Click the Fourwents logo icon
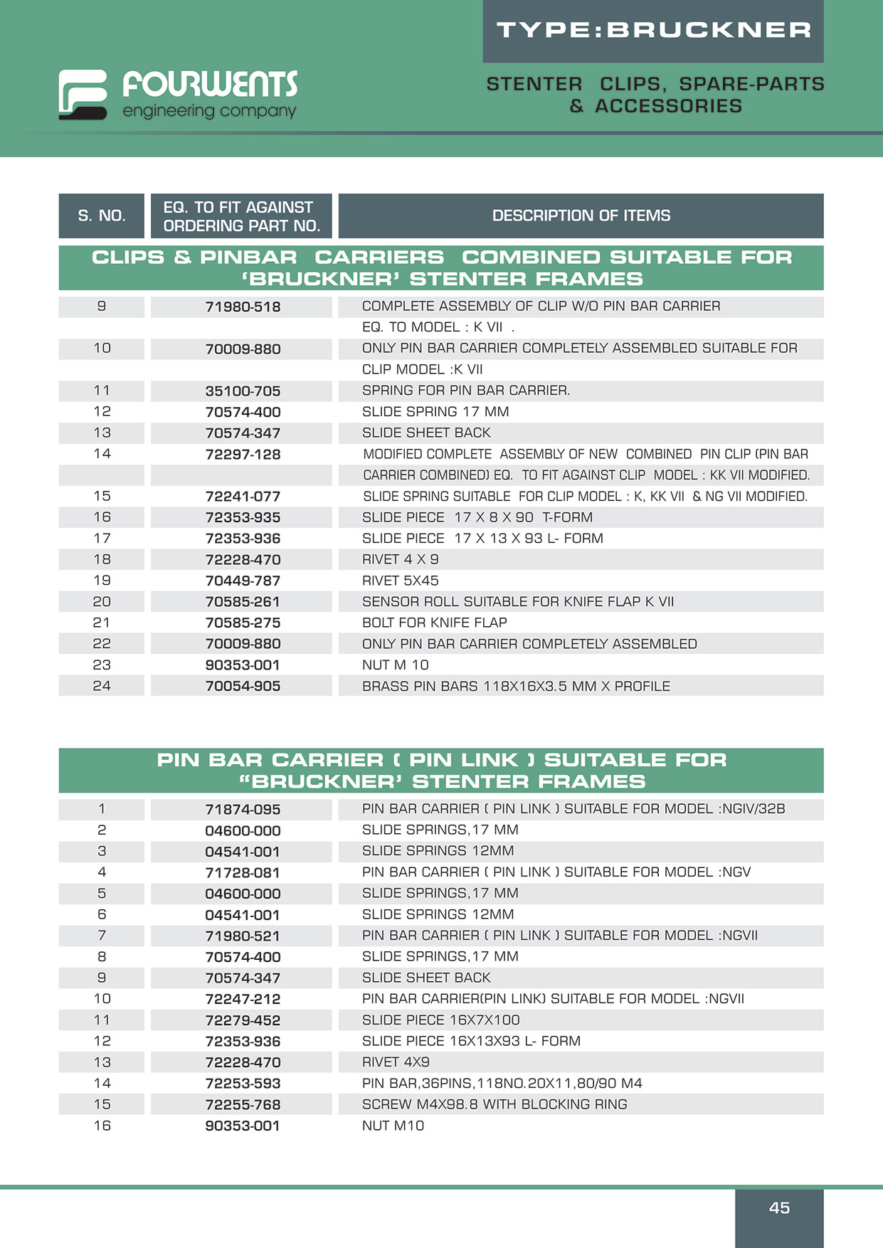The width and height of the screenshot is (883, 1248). click(83, 94)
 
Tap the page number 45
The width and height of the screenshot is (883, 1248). click(779, 1207)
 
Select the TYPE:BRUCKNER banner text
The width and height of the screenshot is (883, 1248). click(653, 31)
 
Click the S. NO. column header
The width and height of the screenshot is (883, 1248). click(102, 216)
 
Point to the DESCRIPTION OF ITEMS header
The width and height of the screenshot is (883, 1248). click(581, 216)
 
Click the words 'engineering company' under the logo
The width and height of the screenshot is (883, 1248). click(209, 111)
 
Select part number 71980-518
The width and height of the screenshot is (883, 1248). click(243, 307)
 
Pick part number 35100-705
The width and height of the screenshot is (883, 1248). click(243, 391)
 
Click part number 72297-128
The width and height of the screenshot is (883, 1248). click(243, 454)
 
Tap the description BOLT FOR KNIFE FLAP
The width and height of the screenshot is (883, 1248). click(434, 623)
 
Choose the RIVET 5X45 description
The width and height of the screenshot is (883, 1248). click(400, 581)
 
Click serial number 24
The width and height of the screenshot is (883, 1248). click(102, 686)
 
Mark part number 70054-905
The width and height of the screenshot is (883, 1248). click(243, 686)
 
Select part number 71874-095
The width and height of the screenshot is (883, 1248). click(243, 809)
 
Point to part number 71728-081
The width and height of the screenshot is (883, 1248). click(243, 872)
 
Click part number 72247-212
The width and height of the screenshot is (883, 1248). click(243, 999)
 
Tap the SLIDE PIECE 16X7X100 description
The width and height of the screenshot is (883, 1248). click(440, 1020)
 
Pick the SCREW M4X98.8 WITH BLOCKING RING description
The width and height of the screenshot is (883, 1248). click(495, 1104)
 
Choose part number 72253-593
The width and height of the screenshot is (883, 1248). click(243, 1084)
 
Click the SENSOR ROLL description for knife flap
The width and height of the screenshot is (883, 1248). click(517, 601)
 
